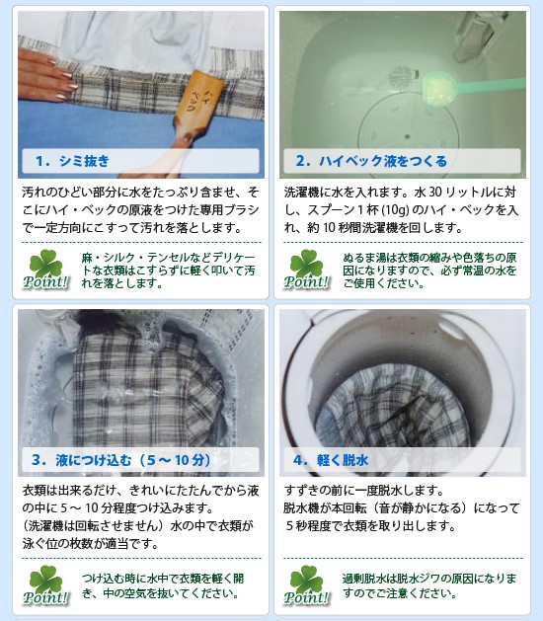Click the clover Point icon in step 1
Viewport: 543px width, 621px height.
click(x=45, y=270)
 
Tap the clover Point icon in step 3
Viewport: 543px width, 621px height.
click(x=45, y=583)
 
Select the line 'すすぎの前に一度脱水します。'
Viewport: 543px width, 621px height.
click(x=365, y=491)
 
